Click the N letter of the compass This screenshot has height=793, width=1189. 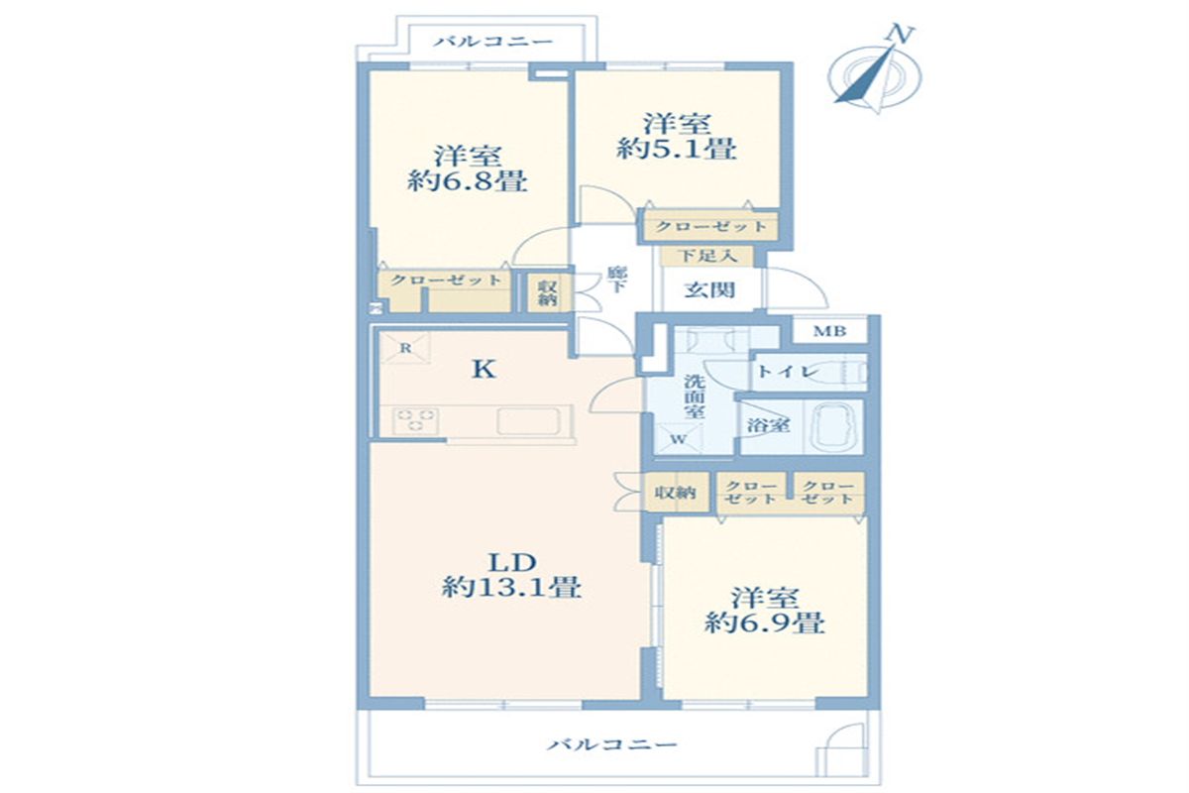900,34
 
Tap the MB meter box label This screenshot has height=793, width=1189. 829,331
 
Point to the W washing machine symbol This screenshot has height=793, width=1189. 679,439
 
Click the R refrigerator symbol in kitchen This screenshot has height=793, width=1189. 405,348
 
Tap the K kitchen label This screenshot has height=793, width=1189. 484,369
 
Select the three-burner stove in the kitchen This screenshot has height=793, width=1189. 416,420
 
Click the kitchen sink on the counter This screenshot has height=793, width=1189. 528,421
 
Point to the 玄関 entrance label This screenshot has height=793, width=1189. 709,290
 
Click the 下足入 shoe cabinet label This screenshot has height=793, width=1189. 708,256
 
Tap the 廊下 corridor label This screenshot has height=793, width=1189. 617,280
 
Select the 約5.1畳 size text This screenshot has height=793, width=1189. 676,149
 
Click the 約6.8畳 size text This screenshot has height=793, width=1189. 467,181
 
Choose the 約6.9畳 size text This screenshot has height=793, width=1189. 765,623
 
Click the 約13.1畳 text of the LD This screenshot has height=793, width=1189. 511,587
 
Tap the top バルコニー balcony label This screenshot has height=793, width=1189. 493,42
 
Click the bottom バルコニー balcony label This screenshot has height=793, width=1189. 612,744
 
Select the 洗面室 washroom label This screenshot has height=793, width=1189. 695,396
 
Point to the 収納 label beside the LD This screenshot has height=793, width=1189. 675,493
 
